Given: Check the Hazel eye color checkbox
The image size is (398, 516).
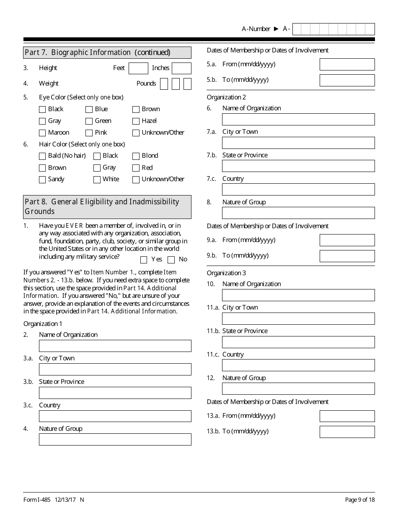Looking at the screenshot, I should pos(136,121).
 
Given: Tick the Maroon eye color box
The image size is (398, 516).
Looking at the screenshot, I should pos(42,133).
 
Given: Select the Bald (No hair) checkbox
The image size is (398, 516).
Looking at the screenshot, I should pos(42,156).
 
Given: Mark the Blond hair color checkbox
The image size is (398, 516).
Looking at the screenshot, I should pos(136,156).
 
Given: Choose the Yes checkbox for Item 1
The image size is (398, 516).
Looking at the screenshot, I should pos(144,260).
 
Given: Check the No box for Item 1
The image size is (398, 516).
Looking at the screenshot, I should pos(171,260).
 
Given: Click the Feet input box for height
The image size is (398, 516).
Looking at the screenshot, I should pos(138,68).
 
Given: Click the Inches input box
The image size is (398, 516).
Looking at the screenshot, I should pos(181,68).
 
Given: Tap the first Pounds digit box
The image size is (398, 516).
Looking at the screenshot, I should pos(164,84).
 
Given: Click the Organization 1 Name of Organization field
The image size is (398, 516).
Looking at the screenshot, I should pos(115,346).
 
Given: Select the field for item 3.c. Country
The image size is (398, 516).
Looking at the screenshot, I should pos(115,416).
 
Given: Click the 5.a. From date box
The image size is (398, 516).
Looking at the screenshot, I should pos(347,65).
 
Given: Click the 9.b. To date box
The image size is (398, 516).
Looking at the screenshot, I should pos(347,256).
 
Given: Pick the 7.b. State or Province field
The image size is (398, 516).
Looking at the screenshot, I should pos(298,166).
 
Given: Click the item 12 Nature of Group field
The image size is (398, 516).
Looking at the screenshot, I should pos(298,389).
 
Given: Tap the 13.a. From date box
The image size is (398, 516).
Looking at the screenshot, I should pos(347,416).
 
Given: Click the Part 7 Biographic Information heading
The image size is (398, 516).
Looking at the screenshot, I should pos(98,52).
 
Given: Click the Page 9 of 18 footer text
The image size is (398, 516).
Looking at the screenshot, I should pos(359,500).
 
